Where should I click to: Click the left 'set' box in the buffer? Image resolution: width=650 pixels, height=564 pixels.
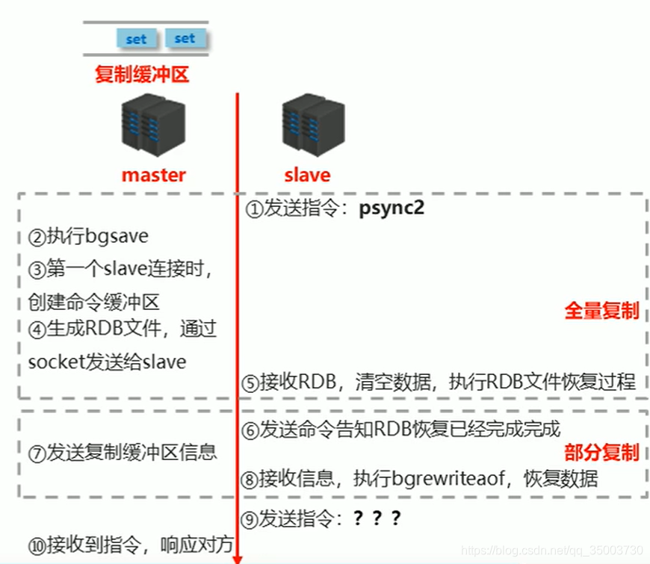coord(136,39)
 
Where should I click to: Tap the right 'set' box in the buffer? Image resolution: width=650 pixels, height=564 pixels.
coord(184,38)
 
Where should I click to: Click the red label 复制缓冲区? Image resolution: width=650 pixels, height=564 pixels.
coord(142,75)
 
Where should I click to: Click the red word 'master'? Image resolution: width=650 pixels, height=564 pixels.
coord(153,175)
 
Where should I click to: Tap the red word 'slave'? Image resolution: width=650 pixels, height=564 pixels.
coord(307,175)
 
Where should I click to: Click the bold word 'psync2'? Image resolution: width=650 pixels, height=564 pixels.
coord(391,208)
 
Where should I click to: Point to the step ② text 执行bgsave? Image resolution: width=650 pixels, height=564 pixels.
coord(88,238)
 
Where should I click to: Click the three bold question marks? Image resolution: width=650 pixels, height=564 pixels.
coord(377,518)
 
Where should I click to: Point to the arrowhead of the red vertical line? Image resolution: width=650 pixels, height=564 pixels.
coord(237,557)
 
